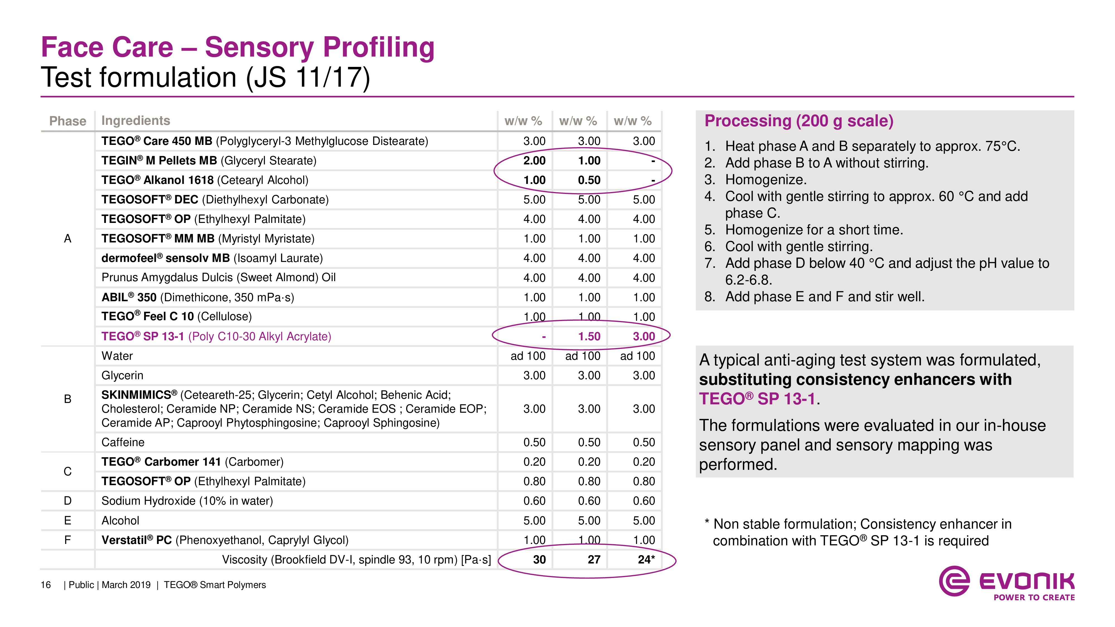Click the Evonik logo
tap(1006, 582)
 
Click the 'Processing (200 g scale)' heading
tap(799, 121)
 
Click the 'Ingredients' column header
tap(135, 121)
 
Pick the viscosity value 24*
tap(646, 560)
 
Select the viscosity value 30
tap(539, 560)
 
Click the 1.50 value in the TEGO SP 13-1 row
tap(589, 336)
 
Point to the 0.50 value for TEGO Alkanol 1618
tap(589, 180)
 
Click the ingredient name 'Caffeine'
tap(123, 442)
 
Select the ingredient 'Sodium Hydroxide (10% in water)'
tap(187, 501)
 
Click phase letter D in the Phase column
tap(67, 501)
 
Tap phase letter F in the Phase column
tap(67, 540)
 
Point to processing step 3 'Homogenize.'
tap(765, 179)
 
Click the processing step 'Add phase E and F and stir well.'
tap(825, 297)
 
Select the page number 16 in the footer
tap(45, 585)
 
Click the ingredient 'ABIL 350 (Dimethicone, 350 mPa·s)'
tap(197, 297)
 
